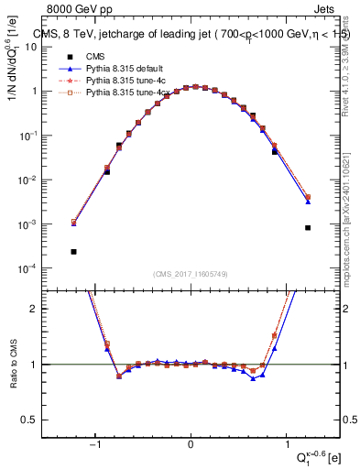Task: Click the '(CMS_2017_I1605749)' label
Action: pyautogui.click(x=191, y=274)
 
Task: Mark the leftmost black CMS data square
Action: pyautogui.click(x=73, y=251)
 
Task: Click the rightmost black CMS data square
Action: pyautogui.click(x=308, y=228)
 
